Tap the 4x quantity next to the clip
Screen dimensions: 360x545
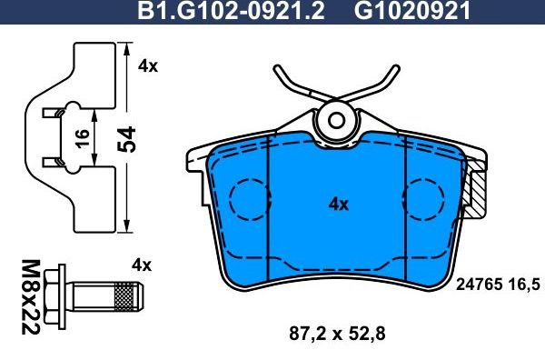coord(147,67)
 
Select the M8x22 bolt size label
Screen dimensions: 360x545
coord(28,296)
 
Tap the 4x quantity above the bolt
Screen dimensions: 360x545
coord(140,265)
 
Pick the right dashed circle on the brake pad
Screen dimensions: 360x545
coord(426,197)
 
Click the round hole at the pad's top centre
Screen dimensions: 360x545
coord(337,119)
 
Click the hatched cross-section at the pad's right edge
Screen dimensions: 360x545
coord(474,194)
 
